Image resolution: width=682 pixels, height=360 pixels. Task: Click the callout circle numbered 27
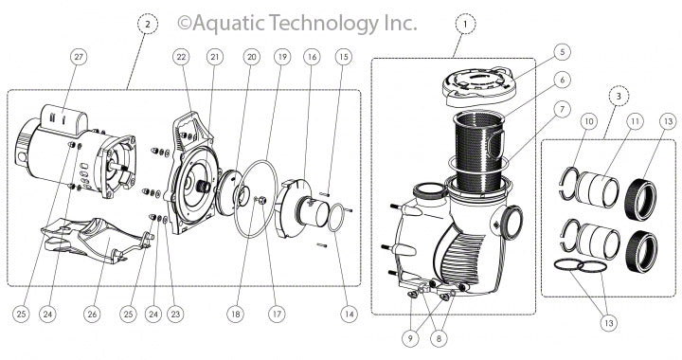[x=78, y=57]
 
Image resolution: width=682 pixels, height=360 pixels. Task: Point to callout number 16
[x=311, y=58]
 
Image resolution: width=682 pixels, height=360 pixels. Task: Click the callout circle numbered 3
[x=618, y=95]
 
